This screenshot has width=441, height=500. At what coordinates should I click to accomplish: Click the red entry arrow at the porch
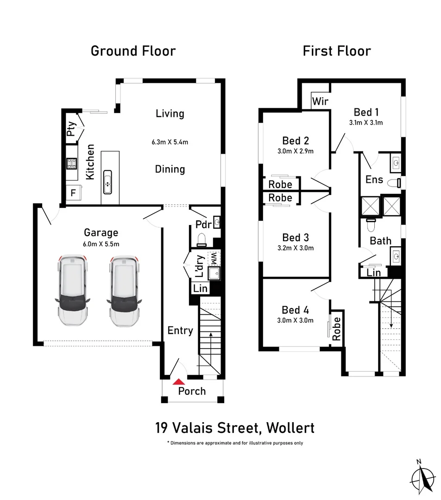178,381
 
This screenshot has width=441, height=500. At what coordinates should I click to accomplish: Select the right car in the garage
124,291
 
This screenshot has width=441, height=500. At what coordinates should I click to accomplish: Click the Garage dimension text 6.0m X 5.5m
101,244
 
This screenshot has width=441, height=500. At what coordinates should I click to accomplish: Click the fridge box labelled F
73,192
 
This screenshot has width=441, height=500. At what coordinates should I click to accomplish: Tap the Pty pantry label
71,128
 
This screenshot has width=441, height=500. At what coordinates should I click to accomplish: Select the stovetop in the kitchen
72,163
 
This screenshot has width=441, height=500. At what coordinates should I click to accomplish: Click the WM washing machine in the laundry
214,258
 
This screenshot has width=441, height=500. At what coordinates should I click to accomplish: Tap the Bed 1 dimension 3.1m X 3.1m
366,123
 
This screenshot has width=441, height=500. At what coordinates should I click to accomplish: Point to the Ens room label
374,179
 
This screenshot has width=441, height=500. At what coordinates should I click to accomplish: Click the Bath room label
380,241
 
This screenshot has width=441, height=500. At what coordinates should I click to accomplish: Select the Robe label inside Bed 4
337,329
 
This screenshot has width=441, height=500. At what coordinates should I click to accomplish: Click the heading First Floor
337,51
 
